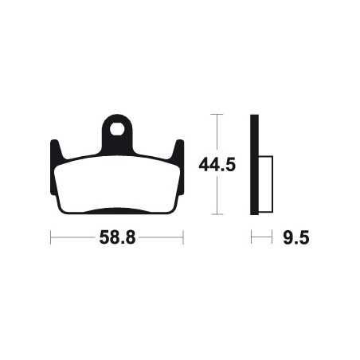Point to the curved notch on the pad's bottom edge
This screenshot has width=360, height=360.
point(117,211)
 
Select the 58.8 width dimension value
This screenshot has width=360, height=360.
point(117,237)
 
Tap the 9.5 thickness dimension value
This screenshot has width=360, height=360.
point(295,237)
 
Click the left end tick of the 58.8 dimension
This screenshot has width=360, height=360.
point(50,237)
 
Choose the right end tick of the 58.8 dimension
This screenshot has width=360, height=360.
point(184,237)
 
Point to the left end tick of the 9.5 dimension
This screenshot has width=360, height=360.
point(252,237)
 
